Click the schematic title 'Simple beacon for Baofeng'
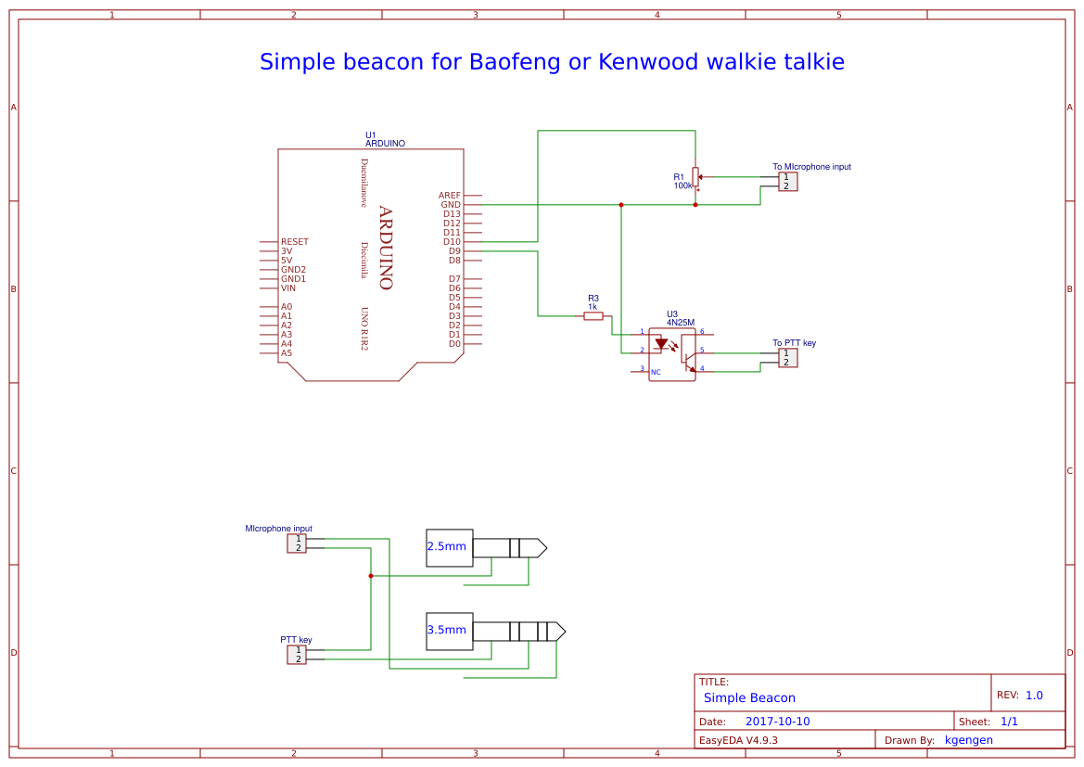[552, 62]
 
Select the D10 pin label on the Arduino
[452, 242]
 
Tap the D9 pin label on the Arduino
[453, 251]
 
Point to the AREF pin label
[449, 196]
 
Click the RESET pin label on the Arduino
[295, 242]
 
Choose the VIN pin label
[288, 288]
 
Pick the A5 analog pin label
[287, 353]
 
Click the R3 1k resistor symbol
[593, 316]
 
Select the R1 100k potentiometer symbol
[695, 176]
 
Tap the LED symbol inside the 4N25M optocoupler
[661, 344]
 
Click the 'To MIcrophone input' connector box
[787, 182]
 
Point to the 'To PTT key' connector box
[787, 358]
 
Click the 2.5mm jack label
[447, 546]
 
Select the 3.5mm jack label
[447, 630]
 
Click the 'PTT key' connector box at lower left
[297, 655]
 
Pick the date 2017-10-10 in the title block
[777, 722]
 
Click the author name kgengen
[968, 740]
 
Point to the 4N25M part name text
[680, 323]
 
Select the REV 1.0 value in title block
[1034, 695]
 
